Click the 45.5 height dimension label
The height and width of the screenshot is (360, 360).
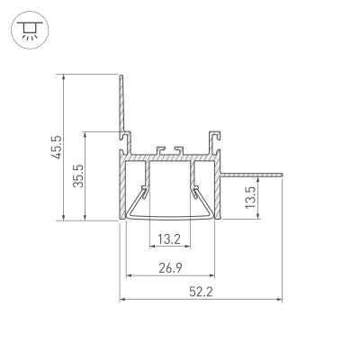[x=56, y=147]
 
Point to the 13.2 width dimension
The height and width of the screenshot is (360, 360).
[x=169, y=238]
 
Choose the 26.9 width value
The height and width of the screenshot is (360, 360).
[x=169, y=266]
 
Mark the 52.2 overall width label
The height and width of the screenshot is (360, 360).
[x=202, y=291]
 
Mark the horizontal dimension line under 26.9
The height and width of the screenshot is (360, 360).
[x=170, y=275]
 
